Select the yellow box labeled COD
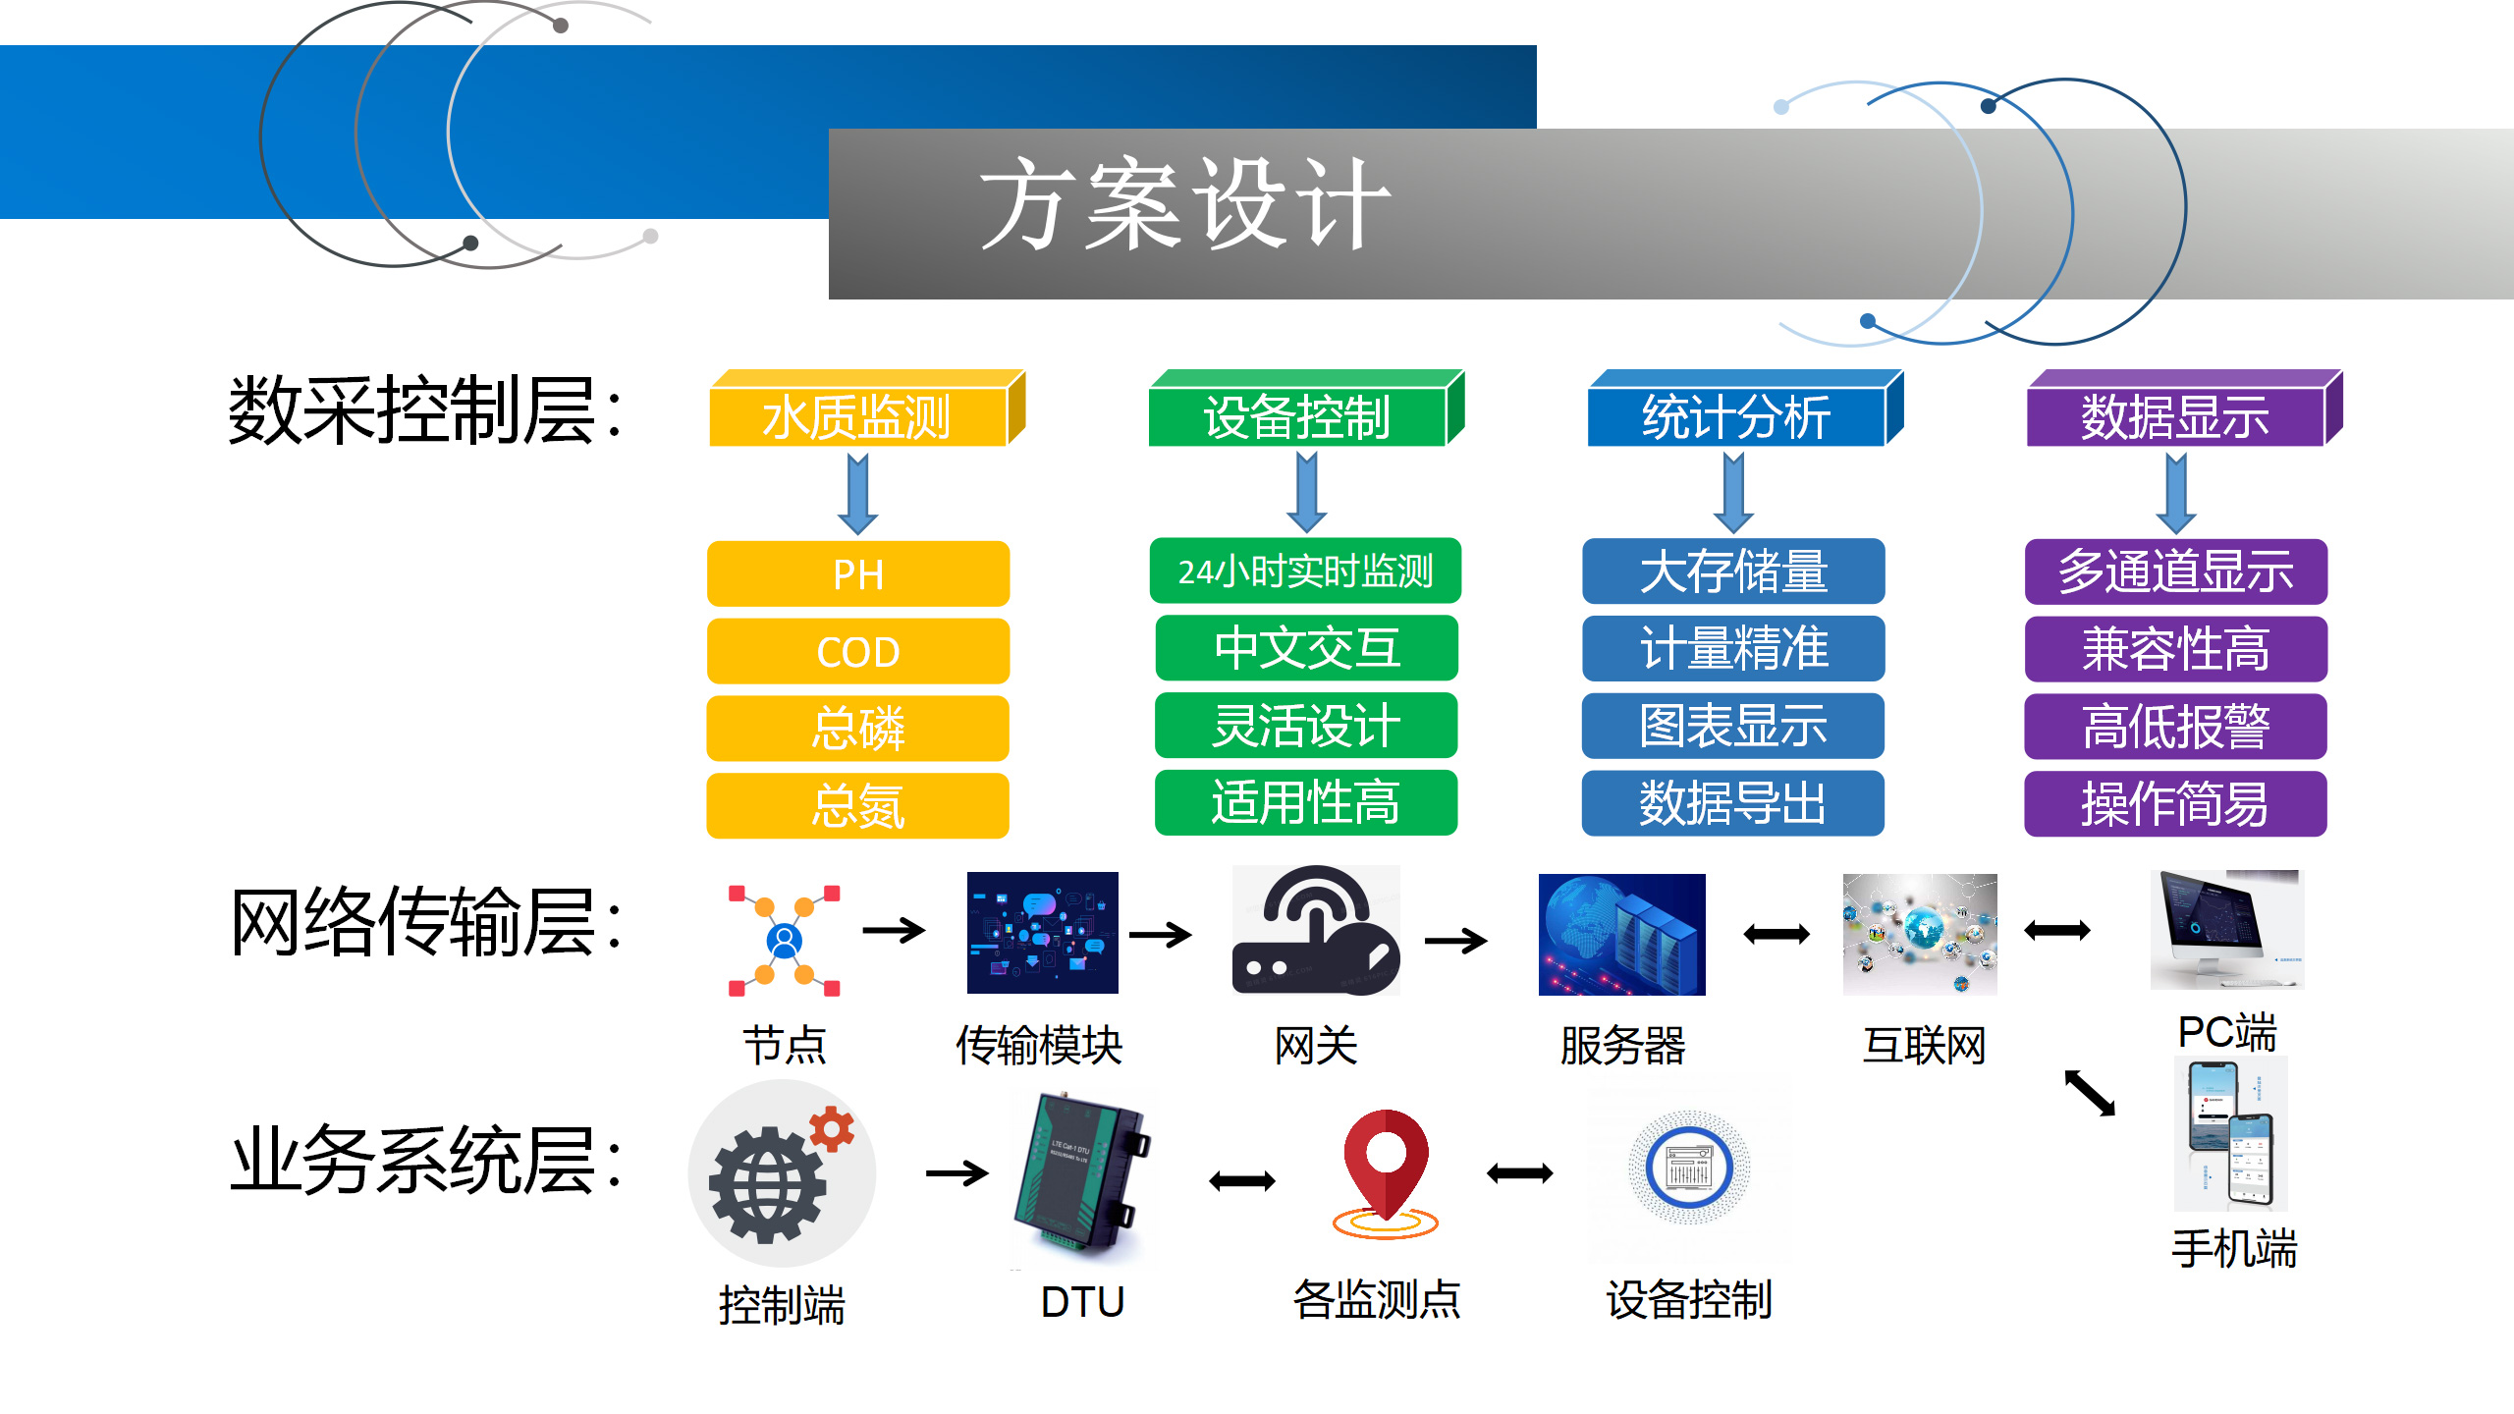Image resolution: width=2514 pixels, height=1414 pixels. (858, 651)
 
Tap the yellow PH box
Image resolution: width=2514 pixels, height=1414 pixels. (858, 573)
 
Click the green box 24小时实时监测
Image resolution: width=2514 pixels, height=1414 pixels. (1305, 571)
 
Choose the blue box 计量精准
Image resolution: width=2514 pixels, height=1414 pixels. (1733, 648)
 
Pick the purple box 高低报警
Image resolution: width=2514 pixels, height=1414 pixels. (2175, 727)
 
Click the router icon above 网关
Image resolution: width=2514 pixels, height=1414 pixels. (1316, 930)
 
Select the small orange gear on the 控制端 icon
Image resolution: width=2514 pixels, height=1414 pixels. (832, 1128)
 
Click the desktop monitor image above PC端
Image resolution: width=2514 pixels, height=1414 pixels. (2226, 930)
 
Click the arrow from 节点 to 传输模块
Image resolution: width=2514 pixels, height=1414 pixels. (894, 929)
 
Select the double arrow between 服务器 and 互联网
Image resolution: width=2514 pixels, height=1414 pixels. (1776, 934)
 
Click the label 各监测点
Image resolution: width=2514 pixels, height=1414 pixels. (1377, 1300)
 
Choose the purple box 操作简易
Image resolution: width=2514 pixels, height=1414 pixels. (2175, 803)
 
